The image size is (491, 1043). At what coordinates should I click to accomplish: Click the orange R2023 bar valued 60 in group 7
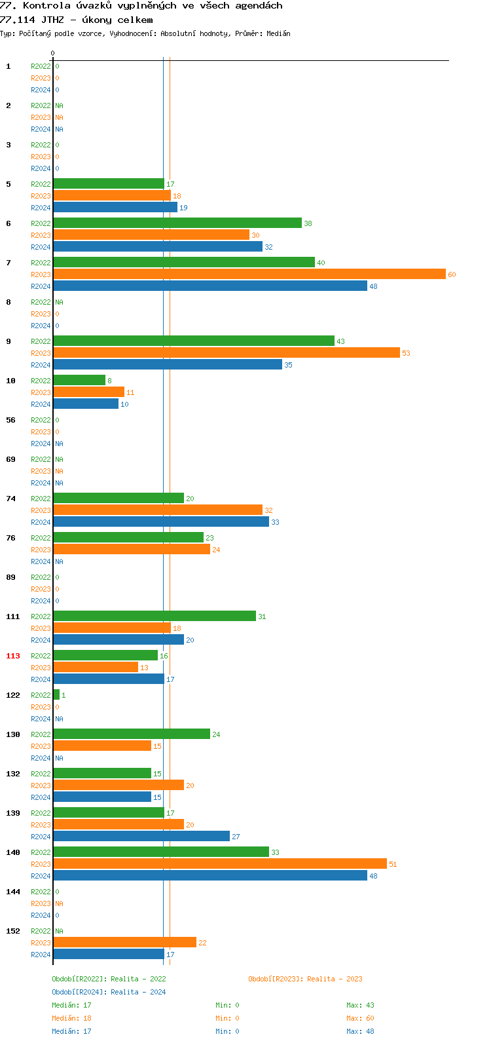point(249,275)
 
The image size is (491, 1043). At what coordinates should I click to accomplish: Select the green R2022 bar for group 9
point(193,341)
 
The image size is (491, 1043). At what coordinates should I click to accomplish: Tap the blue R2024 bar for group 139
point(141,837)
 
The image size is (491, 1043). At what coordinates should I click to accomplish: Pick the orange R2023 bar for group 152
point(124,943)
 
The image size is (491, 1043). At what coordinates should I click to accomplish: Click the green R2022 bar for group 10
point(79,381)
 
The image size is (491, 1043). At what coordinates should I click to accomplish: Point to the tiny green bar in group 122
point(56,695)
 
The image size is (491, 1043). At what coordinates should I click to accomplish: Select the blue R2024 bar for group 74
point(160,522)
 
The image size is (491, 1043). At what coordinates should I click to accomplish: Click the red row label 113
point(13,656)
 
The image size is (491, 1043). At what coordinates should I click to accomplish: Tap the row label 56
point(11,420)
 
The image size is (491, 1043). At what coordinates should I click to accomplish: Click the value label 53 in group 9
point(406,353)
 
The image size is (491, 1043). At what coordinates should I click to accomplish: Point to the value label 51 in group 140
point(393,864)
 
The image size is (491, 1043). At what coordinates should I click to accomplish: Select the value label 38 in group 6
point(308,223)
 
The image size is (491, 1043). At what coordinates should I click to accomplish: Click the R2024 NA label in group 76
point(59,561)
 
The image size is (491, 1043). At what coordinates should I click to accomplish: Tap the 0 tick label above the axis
point(53,53)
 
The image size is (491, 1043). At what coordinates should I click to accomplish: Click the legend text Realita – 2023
point(335,979)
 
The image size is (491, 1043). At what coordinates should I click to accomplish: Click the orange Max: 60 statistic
point(360,1018)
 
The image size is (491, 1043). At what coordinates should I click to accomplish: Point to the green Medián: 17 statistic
point(71,1005)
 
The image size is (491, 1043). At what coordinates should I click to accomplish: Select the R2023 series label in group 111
point(41,628)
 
